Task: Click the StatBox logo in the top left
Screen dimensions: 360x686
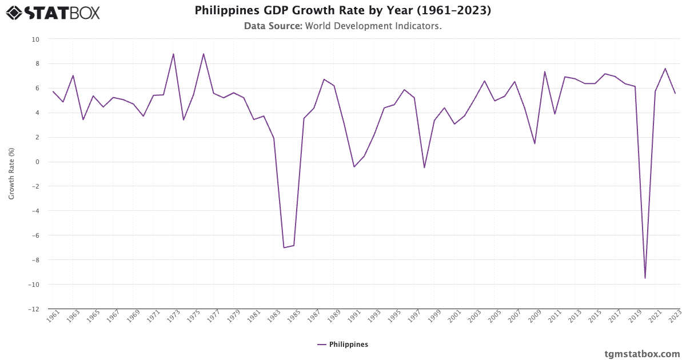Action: click(x=53, y=13)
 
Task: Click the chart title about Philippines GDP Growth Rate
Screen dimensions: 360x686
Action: click(x=342, y=11)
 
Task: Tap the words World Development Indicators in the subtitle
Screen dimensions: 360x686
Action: click(x=373, y=26)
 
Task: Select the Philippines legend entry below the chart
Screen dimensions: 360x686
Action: click(x=343, y=345)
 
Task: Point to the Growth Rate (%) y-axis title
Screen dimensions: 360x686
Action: click(x=11, y=174)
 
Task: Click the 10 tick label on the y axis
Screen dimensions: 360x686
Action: click(x=35, y=39)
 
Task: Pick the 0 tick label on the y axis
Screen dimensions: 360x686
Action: click(x=37, y=162)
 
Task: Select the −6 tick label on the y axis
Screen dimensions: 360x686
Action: click(x=35, y=235)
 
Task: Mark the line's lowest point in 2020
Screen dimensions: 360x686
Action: click(x=645, y=278)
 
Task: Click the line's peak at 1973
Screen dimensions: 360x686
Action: click(x=173, y=54)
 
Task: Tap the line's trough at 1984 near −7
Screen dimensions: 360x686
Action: click(x=284, y=247)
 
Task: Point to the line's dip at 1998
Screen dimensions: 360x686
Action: click(x=424, y=167)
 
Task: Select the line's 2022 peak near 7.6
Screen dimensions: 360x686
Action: click(x=665, y=69)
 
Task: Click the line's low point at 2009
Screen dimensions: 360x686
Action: click(x=535, y=143)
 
